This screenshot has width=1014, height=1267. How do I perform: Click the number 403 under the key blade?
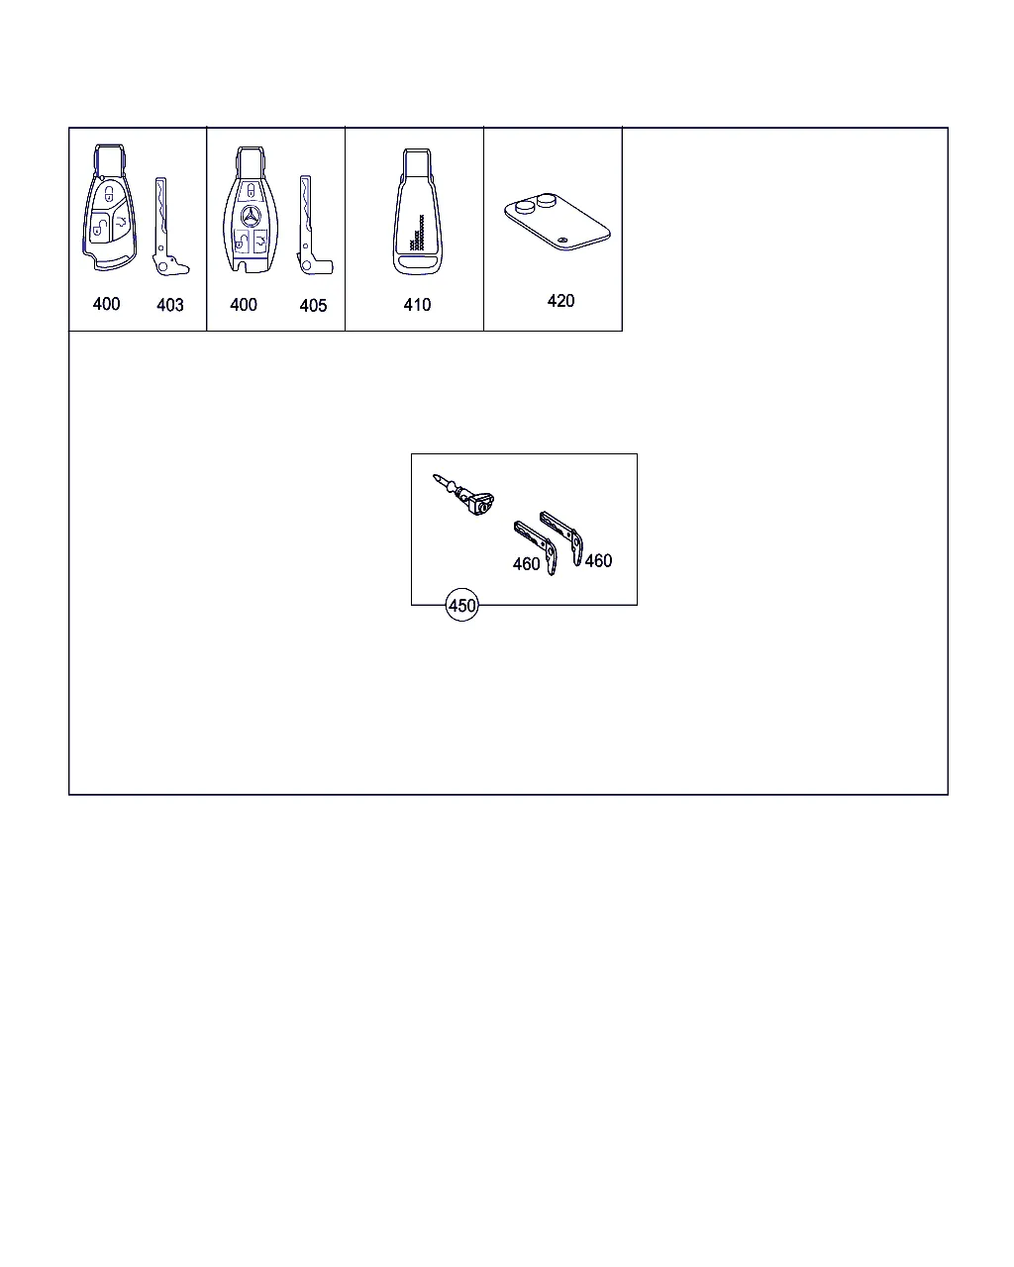(169, 305)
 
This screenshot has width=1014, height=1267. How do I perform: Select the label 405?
(313, 305)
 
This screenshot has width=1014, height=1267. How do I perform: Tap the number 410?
(417, 305)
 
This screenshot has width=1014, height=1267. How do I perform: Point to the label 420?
(560, 301)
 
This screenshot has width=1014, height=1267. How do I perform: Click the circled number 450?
(461, 605)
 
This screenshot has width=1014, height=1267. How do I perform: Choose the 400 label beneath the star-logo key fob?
(244, 305)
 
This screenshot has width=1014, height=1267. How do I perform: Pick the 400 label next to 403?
(106, 304)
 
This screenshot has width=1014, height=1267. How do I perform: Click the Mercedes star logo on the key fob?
(251, 216)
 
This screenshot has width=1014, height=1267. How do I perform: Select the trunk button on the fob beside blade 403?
(121, 222)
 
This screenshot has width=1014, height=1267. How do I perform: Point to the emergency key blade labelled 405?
(312, 226)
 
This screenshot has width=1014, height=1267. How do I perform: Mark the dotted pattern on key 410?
(417, 233)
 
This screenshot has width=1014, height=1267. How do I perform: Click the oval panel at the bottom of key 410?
(418, 262)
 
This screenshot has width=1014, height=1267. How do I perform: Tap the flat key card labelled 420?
(557, 223)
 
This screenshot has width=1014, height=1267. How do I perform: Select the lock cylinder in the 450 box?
(463, 495)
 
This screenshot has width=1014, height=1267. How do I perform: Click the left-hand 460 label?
(526, 564)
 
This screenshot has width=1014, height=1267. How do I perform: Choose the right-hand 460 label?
(598, 560)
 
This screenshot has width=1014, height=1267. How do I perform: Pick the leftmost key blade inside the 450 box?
(536, 547)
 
